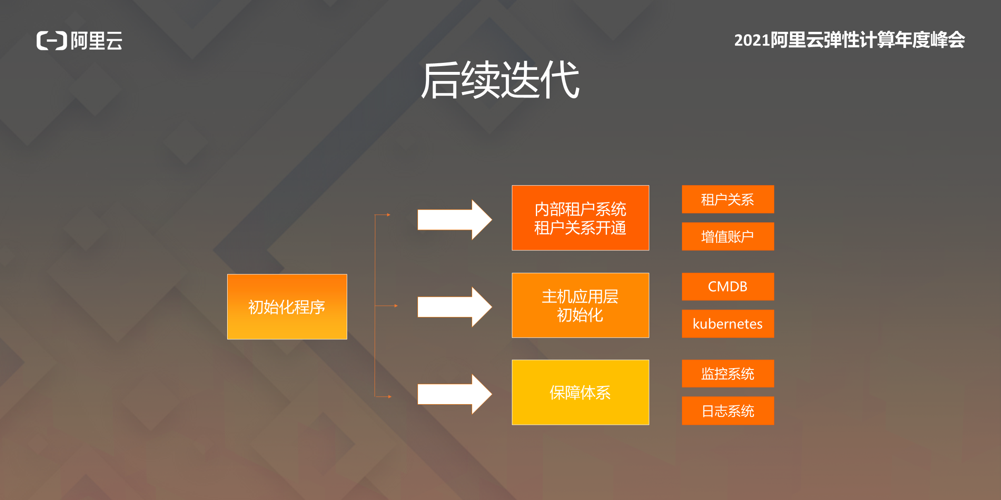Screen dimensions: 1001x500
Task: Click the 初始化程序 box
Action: pyautogui.click(x=287, y=307)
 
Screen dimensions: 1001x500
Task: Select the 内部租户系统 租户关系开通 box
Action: pyautogui.click(x=580, y=218)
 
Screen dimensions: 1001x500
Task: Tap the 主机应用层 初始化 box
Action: pyautogui.click(x=580, y=305)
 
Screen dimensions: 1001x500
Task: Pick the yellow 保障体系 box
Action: pyautogui.click(x=580, y=393)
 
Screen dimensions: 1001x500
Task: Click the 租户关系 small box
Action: pyautogui.click(x=728, y=199)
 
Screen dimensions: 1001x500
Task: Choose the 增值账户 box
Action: pyautogui.click(x=728, y=236)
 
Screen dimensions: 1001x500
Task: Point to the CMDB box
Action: pyautogui.click(x=728, y=286)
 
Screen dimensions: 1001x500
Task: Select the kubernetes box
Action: pyautogui.click(x=728, y=324)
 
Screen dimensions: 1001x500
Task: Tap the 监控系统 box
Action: pyautogui.click(x=728, y=374)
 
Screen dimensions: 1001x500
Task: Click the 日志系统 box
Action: pyautogui.click(x=728, y=411)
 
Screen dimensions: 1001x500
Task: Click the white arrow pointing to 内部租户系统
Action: pyautogui.click(x=455, y=219)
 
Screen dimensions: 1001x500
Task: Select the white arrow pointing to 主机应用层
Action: pyautogui.click(x=455, y=307)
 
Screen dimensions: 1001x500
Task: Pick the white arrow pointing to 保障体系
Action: pyautogui.click(x=455, y=394)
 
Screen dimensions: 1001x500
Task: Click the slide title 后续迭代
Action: pyautogui.click(x=500, y=80)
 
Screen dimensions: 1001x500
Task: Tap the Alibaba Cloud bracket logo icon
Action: pyautogui.click(x=52, y=40)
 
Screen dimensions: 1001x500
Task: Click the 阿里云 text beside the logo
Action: pyautogui.click(x=97, y=40)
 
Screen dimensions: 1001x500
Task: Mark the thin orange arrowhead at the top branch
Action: pyautogui.click(x=389, y=215)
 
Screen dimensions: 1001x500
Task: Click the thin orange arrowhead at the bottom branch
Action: pyautogui.click(x=390, y=397)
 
